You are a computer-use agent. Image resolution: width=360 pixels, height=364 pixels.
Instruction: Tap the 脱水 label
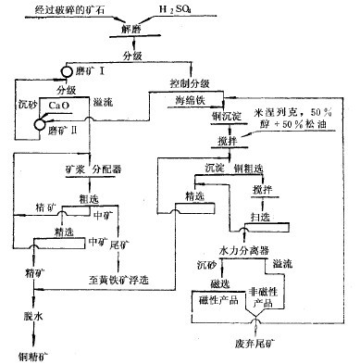tap(35, 316)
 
